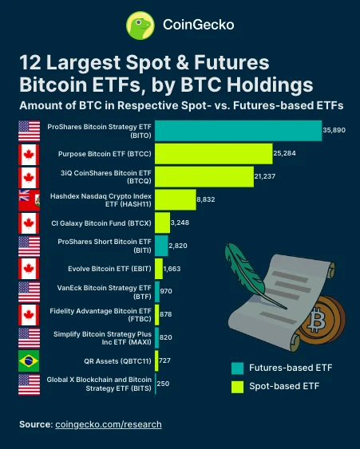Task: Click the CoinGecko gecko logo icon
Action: (140, 25)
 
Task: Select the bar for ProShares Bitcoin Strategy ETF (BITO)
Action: (237, 130)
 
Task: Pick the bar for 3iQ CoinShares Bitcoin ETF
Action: (204, 176)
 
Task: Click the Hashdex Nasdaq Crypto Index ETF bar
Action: (174, 199)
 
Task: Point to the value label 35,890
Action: (334, 130)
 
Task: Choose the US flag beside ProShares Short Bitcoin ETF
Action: (30, 246)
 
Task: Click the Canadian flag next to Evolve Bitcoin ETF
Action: (30, 269)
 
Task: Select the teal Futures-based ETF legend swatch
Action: (237, 368)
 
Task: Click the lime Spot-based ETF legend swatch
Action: (237, 387)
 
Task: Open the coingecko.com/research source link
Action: (108, 424)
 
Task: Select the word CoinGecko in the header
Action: (198, 25)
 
